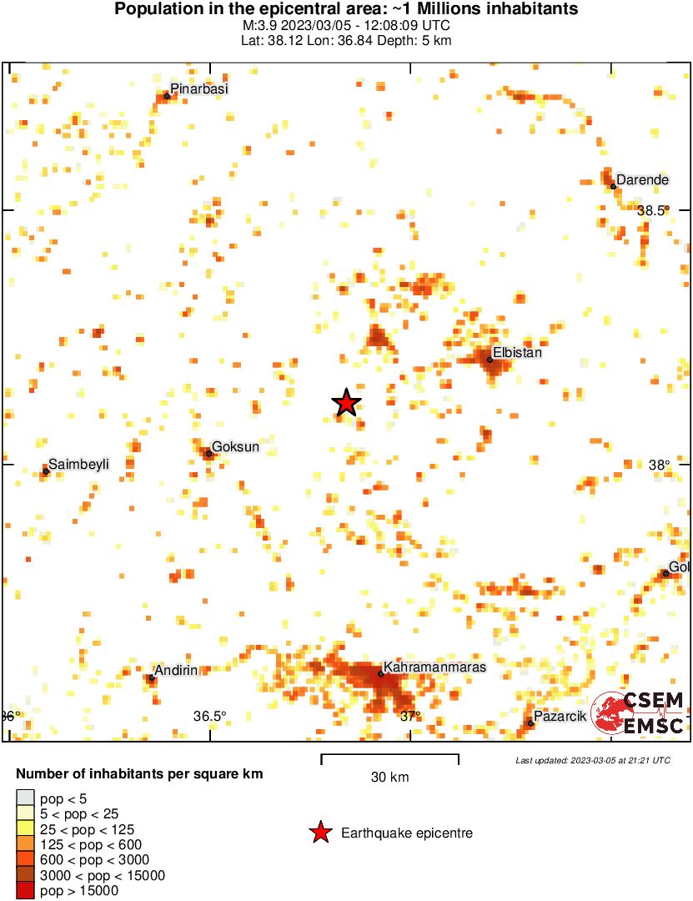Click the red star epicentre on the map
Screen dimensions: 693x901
tap(346, 403)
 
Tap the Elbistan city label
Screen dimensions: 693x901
tap(517, 353)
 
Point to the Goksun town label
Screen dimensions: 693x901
tap(235, 447)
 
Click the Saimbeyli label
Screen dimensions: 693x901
tap(78, 464)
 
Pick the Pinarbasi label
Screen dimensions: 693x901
tap(198, 89)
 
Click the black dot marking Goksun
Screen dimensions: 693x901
tap(208, 454)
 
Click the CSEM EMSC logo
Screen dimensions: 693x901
tap(639, 713)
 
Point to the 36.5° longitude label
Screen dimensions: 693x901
tap(210, 716)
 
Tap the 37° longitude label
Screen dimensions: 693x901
tap(410, 716)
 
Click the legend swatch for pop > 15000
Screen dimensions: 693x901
tap(26, 891)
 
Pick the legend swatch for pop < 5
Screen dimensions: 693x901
tap(26, 799)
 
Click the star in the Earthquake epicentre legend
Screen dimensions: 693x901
tap(319, 833)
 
